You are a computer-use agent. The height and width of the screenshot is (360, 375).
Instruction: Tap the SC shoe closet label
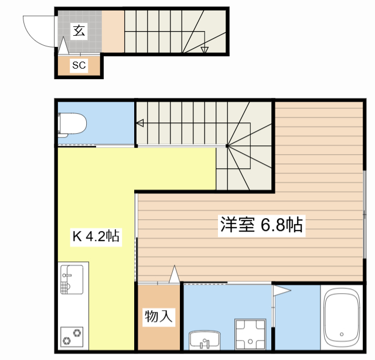[79, 66]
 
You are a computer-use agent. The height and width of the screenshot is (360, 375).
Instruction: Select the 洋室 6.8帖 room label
[261, 225]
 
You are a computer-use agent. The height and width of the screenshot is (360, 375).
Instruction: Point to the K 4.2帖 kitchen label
[96, 237]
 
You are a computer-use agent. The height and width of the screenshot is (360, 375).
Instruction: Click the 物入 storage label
[159, 317]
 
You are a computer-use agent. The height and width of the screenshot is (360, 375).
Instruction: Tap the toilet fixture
[72, 124]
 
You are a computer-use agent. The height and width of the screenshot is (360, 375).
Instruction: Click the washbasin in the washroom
[204, 339]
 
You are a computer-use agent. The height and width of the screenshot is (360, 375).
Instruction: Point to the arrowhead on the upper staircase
[204, 50]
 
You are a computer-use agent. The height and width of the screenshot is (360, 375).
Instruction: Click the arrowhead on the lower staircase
[141, 123]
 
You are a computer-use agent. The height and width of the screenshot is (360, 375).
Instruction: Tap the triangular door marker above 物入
[173, 274]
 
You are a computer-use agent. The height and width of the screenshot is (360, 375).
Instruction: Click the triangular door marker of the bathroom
[281, 289]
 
